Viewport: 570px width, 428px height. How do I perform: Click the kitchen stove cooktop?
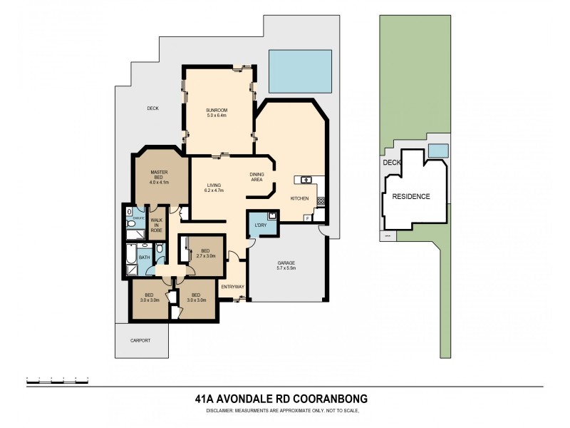tap(321, 201)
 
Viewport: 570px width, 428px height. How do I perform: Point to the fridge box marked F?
tap(307, 216)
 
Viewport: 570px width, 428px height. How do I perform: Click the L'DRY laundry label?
tap(260, 228)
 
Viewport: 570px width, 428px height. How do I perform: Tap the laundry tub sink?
tap(271, 216)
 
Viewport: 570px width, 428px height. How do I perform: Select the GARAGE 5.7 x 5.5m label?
tap(286, 266)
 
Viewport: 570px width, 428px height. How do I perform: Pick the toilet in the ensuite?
tap(131, 223)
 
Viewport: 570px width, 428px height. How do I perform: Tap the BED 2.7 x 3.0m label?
tap(205, 253)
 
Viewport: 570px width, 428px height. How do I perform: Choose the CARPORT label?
tap(141, 341)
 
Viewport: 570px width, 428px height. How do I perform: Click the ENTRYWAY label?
tap(233, 287)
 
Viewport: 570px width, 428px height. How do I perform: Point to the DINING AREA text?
tap(258, 177)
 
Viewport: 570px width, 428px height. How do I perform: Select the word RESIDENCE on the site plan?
tap(413, 196)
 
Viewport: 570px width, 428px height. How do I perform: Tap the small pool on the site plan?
tap(439, 151)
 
